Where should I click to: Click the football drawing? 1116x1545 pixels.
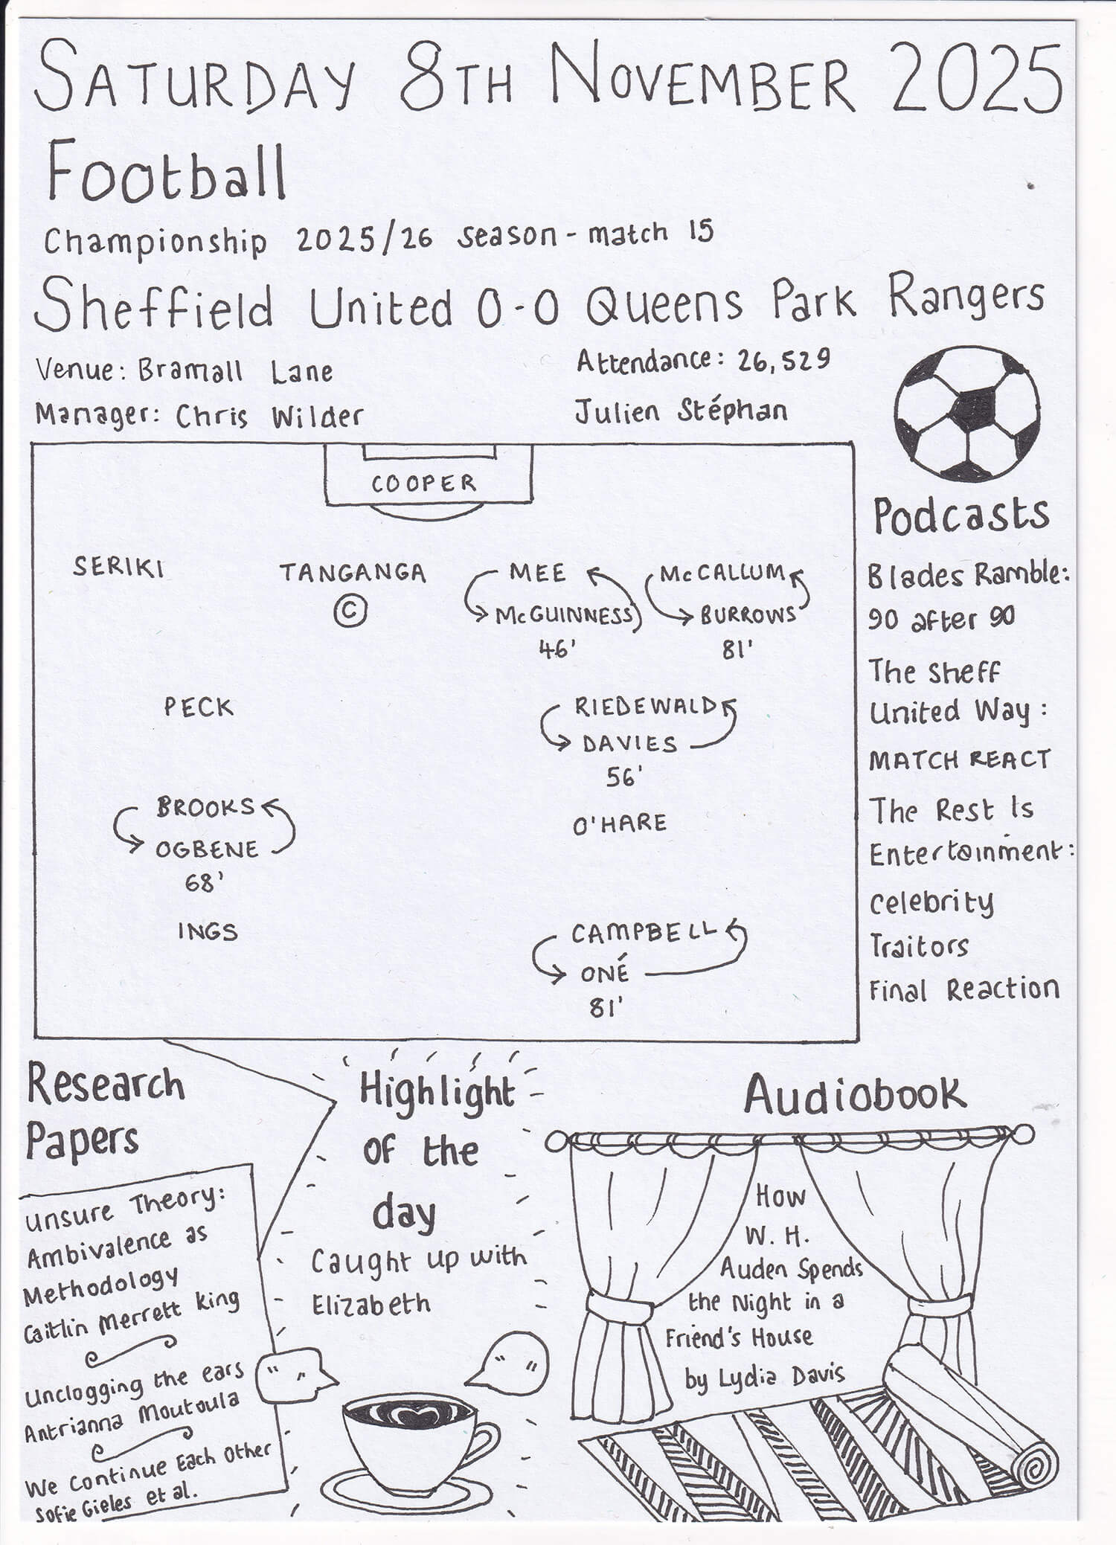tap(966, 415)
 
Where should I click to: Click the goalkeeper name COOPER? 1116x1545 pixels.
tap(423, 484)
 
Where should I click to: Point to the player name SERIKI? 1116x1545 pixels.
tap(118, 568)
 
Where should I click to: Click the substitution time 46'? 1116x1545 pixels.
tap(557, 650)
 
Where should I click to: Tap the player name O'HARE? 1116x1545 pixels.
tap(619, 824)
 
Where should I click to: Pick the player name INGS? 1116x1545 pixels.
tap(208, 931)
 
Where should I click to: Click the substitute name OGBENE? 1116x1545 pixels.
tap(206, 849)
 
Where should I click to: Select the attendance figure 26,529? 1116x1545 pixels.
tap(783, 361)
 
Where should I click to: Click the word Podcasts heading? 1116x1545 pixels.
tap(961, 516)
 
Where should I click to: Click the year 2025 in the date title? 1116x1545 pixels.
tap(976, 78)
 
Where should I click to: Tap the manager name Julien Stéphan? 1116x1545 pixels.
tap(680, 411)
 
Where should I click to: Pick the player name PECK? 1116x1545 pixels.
tap(199, 707)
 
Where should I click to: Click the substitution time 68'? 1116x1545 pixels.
tap(204, 884)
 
